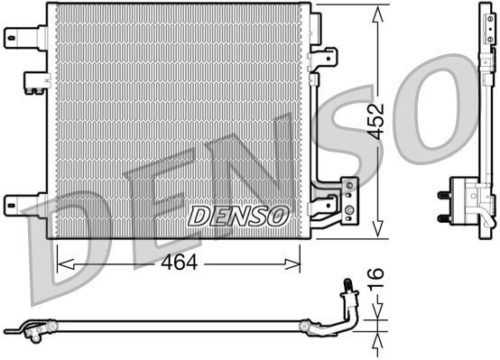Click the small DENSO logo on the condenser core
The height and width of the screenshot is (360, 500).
238,216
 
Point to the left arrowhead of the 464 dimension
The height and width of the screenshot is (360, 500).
62,263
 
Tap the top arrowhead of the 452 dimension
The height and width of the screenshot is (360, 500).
376,11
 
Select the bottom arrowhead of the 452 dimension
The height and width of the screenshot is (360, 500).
376,232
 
